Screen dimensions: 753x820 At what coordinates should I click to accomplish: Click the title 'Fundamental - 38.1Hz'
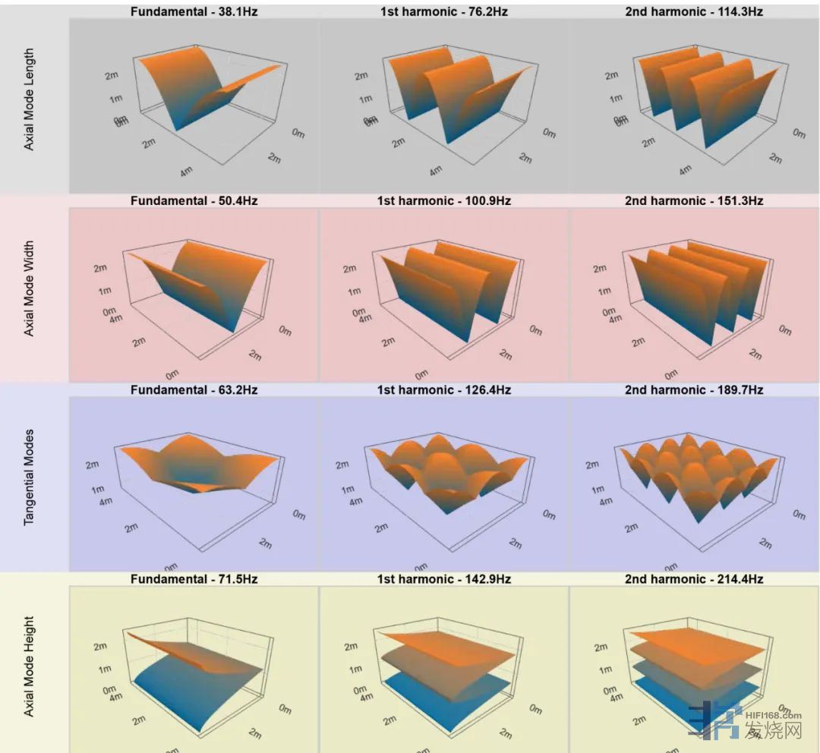coord(194,12)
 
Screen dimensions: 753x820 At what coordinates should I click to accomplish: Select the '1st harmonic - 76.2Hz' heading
coord(443,12)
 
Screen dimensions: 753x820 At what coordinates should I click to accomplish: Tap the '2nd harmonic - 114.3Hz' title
coord(693,12)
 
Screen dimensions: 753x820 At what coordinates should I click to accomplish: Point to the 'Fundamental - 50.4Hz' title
coord(194,201)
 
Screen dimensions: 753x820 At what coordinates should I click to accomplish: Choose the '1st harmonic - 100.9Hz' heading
coord(443,201)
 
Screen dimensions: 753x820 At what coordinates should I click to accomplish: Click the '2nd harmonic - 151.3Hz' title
coord(693,201)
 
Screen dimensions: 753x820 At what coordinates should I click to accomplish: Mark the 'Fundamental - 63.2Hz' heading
coord(194,390)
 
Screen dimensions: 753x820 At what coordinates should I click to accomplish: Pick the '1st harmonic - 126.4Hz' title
coord(443,390)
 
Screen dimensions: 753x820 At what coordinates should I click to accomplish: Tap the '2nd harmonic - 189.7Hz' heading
coord(693,390)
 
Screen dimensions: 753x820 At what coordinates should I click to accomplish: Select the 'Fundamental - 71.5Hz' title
coord(194,579)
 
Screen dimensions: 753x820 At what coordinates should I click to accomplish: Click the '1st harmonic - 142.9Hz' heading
coord(443,579)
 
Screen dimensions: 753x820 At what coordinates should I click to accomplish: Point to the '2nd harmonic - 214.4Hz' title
coord(693,579)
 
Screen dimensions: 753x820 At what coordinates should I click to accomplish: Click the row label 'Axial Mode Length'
coord(30,100)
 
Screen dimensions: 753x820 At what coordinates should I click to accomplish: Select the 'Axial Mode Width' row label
coord(30,289)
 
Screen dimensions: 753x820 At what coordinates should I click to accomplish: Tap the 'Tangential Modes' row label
coord(30,477)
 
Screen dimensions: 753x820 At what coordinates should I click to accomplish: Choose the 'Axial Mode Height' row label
coord(30,666)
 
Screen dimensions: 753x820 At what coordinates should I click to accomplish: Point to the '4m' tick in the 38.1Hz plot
coord(185,172)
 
